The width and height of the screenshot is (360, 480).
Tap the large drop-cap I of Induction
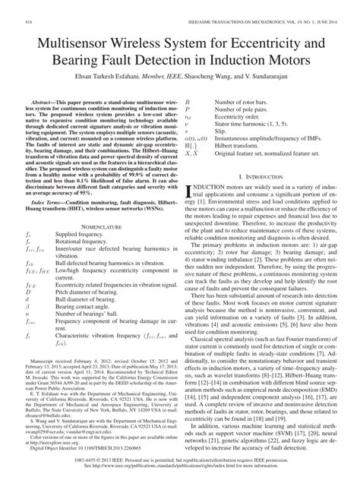point(188,190)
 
